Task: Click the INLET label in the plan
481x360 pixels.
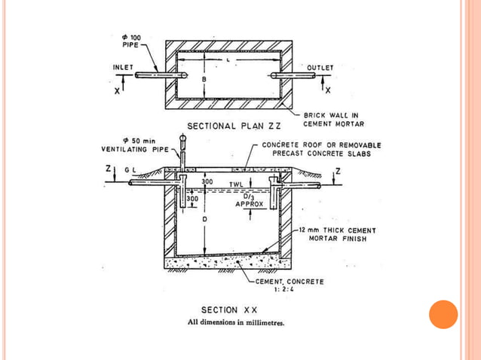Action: (123, 68)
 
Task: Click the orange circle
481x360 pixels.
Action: (443, 314)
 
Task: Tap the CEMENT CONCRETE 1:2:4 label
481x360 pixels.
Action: (290, 285)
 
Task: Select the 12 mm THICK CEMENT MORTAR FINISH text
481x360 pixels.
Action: (336, 234)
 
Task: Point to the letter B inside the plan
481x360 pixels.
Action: (203, 78)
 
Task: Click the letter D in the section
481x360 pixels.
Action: (204, 219)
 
